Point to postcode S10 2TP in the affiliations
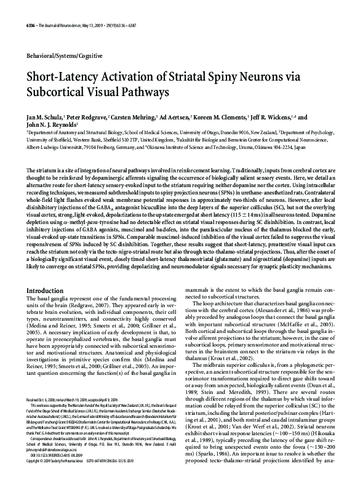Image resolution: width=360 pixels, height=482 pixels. (x=174, y=139)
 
